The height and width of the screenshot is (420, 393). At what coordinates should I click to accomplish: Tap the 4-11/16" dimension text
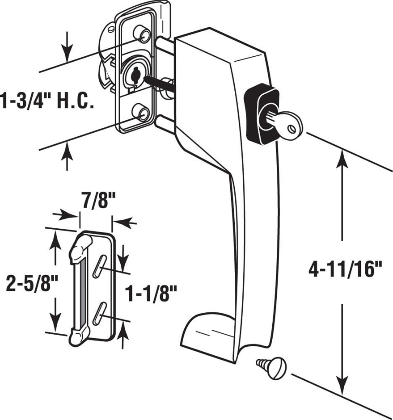(x=346, y=270)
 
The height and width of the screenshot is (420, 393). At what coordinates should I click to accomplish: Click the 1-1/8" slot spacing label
(x=151, y=294)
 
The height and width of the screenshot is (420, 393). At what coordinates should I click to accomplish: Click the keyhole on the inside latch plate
(x=133, y=73)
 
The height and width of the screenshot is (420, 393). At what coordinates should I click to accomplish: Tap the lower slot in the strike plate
(x=99, y=312)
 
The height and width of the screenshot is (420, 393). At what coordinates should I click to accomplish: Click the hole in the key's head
(x=292, y=129)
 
